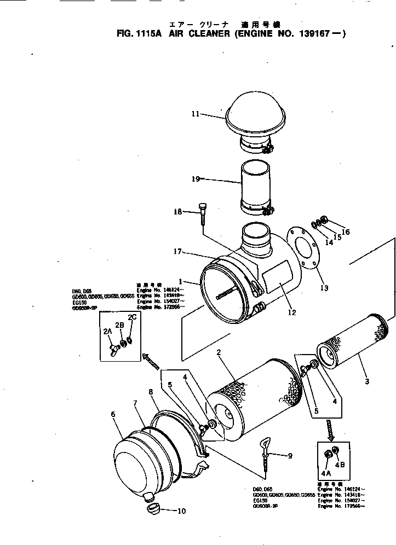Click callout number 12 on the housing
point(291,312)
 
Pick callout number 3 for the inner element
point(367,381)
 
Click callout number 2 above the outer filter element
point(219,353)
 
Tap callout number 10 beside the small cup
point(181,512)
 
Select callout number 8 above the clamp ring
point(150,392)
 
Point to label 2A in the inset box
point(107,331)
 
